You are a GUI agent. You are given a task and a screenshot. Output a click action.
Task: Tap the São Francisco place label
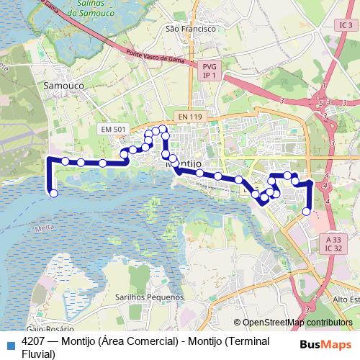[191, 29]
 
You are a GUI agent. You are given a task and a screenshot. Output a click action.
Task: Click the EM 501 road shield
[113, 129]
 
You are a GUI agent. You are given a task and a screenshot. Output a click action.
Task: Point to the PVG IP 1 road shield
[210, 70]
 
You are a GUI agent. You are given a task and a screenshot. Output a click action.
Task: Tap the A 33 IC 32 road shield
[333, 243]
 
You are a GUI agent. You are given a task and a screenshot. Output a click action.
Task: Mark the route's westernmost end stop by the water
[53, 193]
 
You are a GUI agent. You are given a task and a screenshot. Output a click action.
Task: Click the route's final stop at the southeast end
[307, 211]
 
